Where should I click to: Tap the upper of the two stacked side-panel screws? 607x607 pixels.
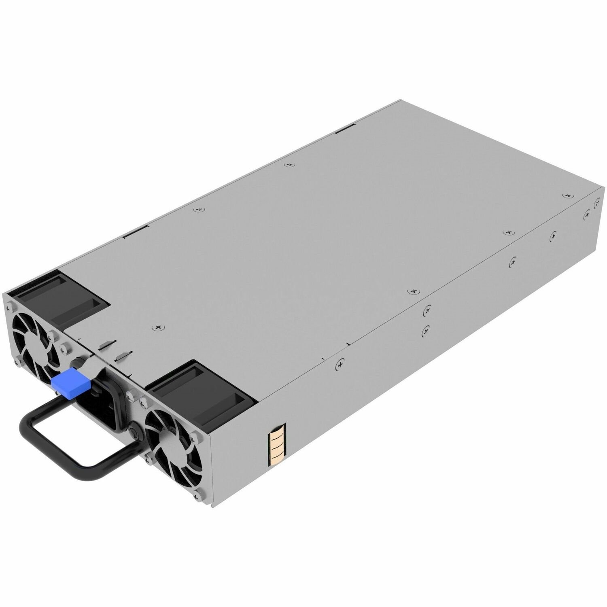pyautogui.click(x=427, y=310)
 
